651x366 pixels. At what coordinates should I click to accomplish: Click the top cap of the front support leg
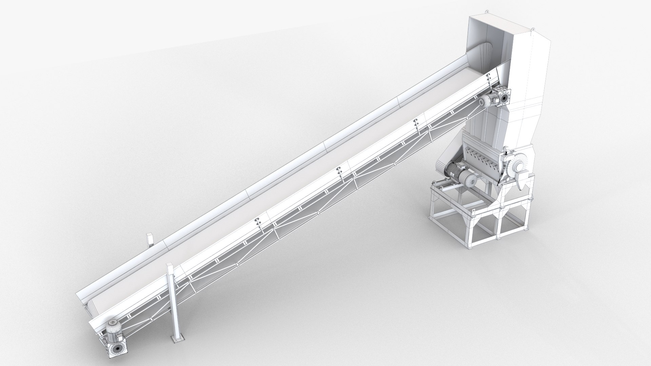[x=170, y=265]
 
